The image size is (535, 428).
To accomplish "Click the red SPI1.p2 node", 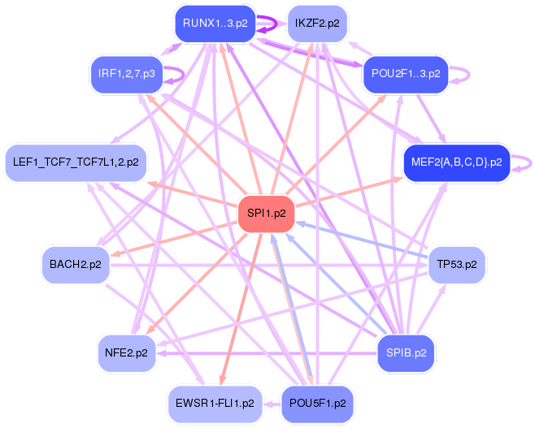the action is pyautogui.click(x=266, y=214).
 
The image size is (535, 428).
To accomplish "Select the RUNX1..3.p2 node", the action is pyautogui.click(x=215, y=24).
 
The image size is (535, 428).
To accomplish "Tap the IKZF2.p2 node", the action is pyautogui.click(x=317, y=24).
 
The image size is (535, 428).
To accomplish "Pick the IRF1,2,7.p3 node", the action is pyautogui.click(x=127, y=74).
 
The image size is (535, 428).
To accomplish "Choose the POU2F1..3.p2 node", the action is pyautogui.click(x=406, y=74).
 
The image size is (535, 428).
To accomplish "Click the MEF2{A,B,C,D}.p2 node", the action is pyautogui.click(x=456, y=162).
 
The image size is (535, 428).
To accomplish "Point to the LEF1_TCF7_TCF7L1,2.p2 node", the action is pyautogui.click(x=76, y=162).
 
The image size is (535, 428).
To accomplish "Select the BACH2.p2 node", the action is pyautogui.click(x=76, y=265).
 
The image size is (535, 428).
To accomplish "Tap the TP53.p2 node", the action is pyautogui.click(x=457, y=265).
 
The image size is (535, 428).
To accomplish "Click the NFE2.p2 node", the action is pyautogui.click(x=127, y=353).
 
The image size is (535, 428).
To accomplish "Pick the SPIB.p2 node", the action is pyautogui.click(x=406, y=353).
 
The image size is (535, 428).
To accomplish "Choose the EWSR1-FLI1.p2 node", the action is pyautogui.click(x=215, y=404).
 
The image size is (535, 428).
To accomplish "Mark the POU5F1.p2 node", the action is pyautogui.click(x=317, y=404).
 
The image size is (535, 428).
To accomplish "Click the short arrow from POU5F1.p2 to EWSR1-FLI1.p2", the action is pyautogui.click(x=272, y=404).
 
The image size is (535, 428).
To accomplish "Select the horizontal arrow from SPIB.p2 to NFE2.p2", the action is pyautogui.click(x=267, y=353).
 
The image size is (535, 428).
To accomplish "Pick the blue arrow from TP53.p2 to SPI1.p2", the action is pyautogui.click(x=362, y=240).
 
